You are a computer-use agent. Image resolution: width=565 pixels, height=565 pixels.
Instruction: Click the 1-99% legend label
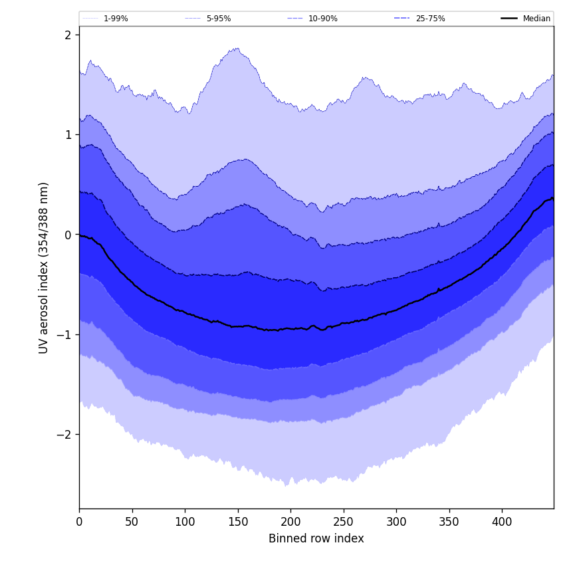[116, 19]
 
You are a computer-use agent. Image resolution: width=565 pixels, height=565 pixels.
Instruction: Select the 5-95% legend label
[218, 19]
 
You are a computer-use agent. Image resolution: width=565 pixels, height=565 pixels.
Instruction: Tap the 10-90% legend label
[322, 19]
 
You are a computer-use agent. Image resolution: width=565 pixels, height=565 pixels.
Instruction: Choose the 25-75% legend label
[430, 19]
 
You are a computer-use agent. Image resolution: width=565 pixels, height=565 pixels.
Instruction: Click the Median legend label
[536, 19]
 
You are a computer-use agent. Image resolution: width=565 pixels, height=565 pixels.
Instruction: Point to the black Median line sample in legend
[509, 19]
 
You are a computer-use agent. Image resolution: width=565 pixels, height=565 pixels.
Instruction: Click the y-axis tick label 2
[68, 35]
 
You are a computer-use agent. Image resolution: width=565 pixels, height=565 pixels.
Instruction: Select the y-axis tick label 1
[68, 134]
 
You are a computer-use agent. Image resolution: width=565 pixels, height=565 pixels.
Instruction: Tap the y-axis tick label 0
[68, 235]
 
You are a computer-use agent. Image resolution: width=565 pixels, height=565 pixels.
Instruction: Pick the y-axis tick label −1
[64, 334]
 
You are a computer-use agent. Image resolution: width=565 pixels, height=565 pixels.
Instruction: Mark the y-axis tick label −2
[64, 434]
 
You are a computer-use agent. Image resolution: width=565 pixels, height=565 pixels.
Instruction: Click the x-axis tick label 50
[132, 522]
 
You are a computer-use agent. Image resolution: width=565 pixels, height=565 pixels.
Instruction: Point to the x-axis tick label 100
[185, 522]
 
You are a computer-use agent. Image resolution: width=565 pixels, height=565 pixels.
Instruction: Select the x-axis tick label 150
[238, 522]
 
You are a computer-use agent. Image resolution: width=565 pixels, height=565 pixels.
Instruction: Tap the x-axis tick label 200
[290, 522]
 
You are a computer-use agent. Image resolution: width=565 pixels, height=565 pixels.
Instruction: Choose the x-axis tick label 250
[344, 522]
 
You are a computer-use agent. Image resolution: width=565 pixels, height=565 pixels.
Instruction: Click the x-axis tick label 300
[396, 522]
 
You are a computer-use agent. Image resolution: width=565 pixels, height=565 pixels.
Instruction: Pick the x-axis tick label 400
[502, 522]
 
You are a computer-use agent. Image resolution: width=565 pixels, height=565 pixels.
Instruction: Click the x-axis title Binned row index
[316, 539]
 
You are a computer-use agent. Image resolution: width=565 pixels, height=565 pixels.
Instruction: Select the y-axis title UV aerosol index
[44, 267]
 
